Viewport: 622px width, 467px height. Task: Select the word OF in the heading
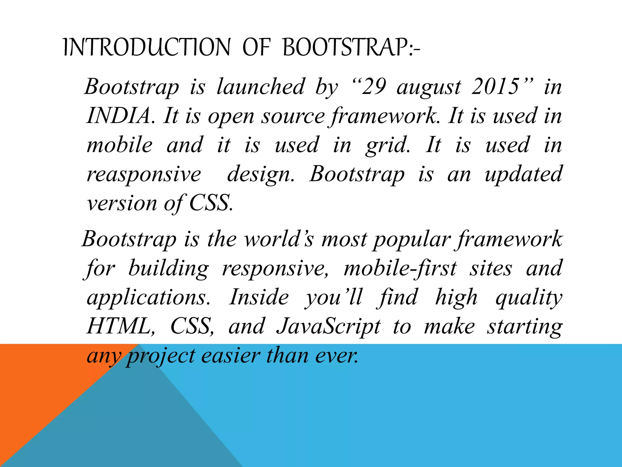coord(256,47)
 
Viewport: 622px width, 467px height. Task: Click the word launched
coord(261,87)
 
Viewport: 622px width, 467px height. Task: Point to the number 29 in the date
coord(374,87)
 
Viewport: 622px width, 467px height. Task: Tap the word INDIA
coord(119,116)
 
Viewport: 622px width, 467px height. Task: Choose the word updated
coord(523,175)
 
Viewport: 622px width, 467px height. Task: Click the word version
coord(122,203)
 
